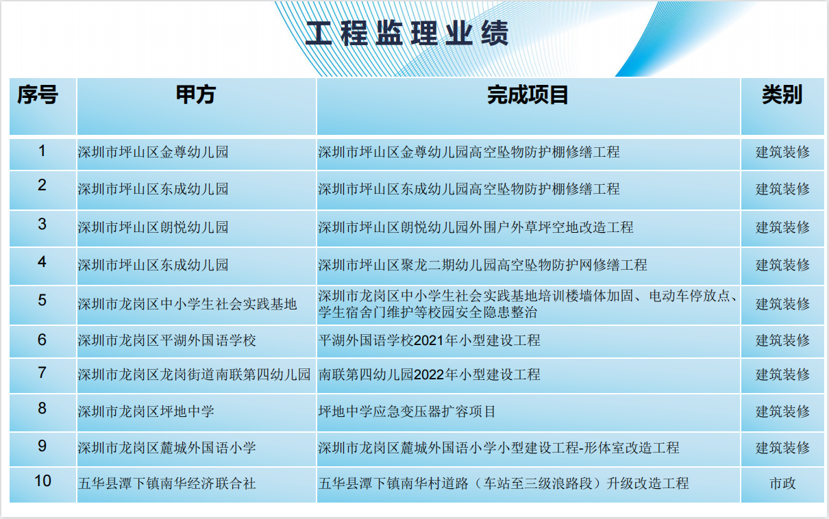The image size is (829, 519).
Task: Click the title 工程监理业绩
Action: pyautogui.click(x=407, y=34)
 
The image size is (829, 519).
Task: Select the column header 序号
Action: pyautogui.click(x=38, y=94)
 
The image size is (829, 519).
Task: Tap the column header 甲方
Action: pyautogui.click(x=196, y=94)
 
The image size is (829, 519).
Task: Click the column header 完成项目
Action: pyautogui.click(x=528, y=94)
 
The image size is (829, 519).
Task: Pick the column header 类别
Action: pyautogui.click(x=782, y=94)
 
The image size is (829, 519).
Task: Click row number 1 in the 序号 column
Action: pyautogui.click(x=42, y=151)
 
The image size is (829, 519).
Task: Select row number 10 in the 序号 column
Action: pyautogui.click(x=42, y=481)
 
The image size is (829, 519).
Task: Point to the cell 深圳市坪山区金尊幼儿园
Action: pyautogui.click(x=153, y=152)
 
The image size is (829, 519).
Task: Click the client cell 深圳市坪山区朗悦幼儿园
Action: pyautogui.click(x=153, y=227)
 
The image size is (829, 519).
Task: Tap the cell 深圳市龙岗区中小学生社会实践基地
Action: pyautogui.click(x=187, y=304)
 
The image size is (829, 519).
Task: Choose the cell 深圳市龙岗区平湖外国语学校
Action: pyautogui.click(x=167, y=340)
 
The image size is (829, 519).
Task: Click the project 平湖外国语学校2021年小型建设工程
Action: pyautogui.click(x=430, y=340)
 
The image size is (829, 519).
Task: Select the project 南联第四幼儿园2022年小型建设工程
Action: pyautogui.click(x=430, y=375)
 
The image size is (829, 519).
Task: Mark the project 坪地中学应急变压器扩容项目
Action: pyautogui.click(x=407, y=412)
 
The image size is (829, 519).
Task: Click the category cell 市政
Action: pyautogui.click(x=782, y=483)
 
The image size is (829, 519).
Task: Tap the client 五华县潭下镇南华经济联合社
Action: pyautogui.click(x=167, y=483)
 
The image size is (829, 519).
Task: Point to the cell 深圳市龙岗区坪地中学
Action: pyautogui.click(x=146, y=412)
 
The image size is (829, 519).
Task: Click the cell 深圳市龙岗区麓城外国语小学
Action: pyautogui.click(x=167, y=448)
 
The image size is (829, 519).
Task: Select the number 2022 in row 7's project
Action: pyautogui.click(x=429, y=375)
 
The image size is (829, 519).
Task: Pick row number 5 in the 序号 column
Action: pyautogui.click(x=42, y=300)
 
